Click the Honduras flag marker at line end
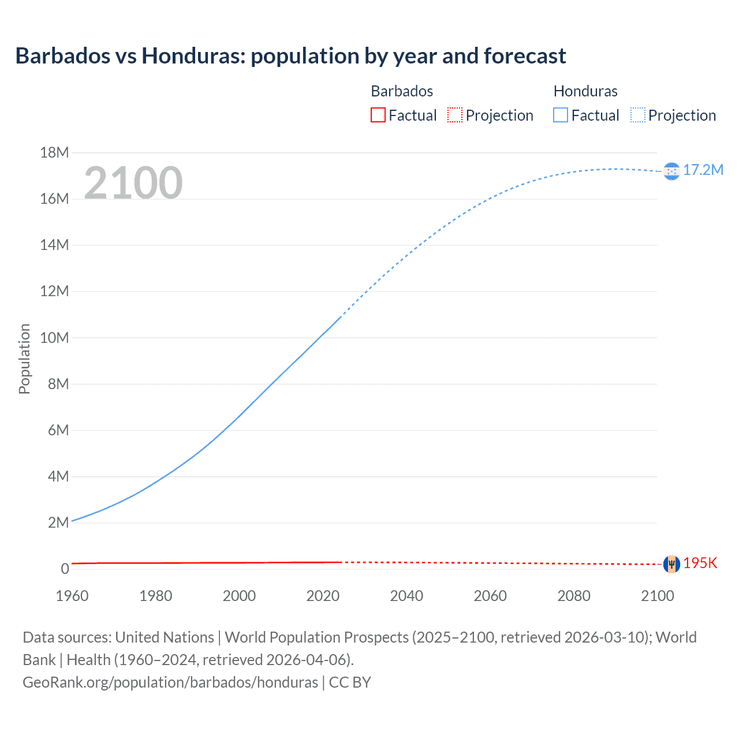click(x=671, y=171)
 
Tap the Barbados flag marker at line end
click(x=671, y=564)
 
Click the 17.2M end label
click(x=703, y=170)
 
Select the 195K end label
click(x=700, y=563)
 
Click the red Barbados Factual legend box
click(x=378, y=115)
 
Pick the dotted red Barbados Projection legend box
click(x=455, y=115)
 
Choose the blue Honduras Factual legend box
click(x=561, y=115)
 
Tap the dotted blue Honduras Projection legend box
click(x=638, y=115)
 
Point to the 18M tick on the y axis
click(x=54, y=152)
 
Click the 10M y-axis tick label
click(x=54, y=338)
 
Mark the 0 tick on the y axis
click(x=65, y=569)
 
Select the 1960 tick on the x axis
click(x=72, y=596)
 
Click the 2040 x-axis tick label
click(x=406, y=596)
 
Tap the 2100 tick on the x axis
click(x=657, y=596)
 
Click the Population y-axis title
click(x=24, y=359)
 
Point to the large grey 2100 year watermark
click(x=133, y=183)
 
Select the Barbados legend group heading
click(x=402, y=91)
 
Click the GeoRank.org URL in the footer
click(x=170, y=682)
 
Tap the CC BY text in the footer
click(x=350, y=682)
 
